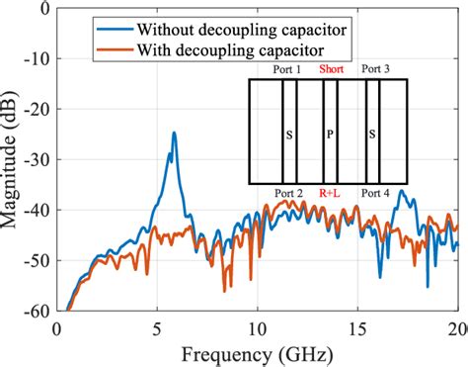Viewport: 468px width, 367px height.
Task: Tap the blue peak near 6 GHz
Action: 174,133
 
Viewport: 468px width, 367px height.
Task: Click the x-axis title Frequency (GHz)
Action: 257,353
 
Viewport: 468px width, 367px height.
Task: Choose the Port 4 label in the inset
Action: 376,192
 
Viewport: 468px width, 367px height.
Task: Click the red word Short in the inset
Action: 331,70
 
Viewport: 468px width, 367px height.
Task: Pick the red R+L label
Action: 331,192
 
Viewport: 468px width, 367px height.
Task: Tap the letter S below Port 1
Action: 289,133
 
